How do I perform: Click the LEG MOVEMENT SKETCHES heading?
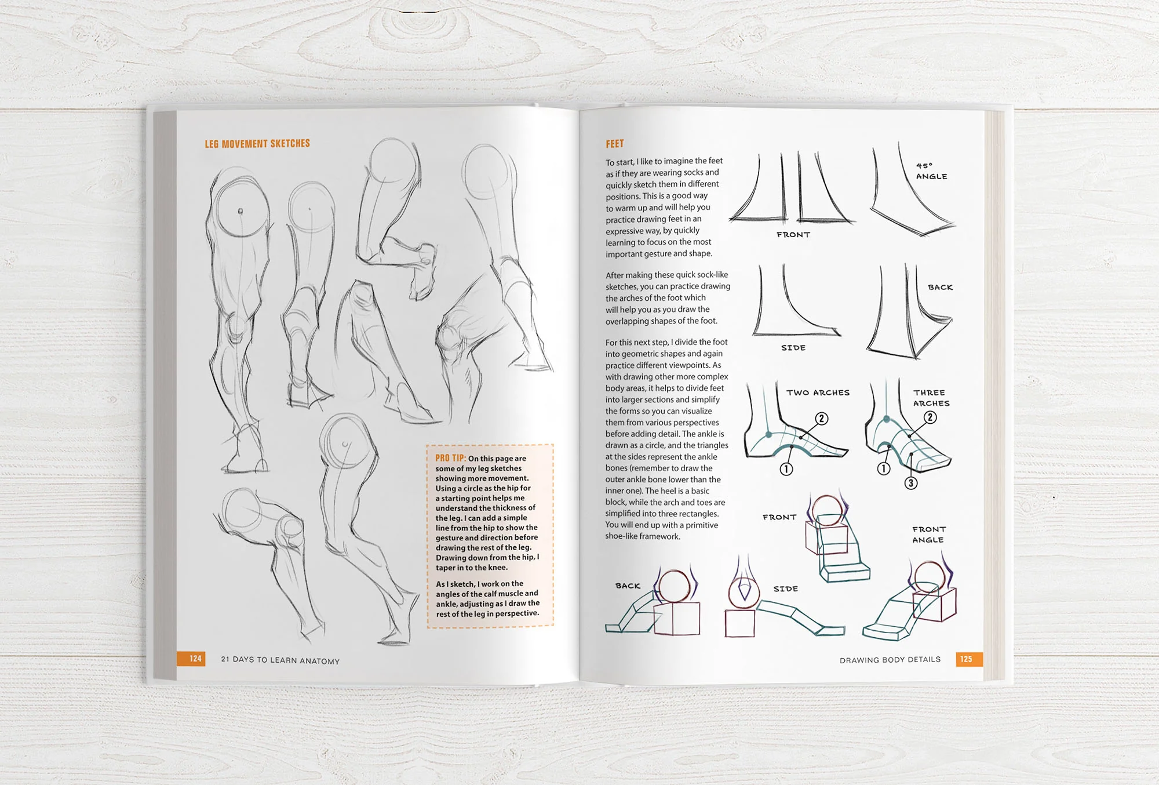257,144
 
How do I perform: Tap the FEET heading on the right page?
615,144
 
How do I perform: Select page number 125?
966,659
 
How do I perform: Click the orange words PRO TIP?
451,458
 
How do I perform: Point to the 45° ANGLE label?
931,171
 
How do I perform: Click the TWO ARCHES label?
818,392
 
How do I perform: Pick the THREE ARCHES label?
931,398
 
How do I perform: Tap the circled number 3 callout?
911,483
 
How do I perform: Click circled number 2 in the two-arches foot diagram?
821,419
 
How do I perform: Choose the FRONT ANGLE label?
928,535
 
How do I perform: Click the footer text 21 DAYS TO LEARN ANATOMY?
280,660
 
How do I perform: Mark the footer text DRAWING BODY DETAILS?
890,660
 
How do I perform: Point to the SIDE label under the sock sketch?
793,348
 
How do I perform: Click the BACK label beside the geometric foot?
628,586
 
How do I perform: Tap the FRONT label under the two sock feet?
793,235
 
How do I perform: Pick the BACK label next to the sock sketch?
940,288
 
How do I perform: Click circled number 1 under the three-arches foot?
883,468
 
